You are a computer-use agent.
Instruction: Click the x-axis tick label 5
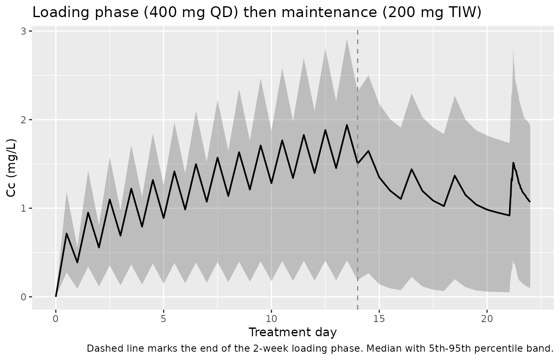point(163,319)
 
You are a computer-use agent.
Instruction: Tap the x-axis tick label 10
point(271,319)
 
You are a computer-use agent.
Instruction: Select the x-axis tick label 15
point(379,319)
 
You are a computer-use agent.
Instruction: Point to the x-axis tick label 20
point(487,319)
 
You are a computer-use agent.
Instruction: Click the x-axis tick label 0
point(56,319)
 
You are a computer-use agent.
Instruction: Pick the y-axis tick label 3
point(23,31)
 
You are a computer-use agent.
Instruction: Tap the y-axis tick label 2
point(23,120)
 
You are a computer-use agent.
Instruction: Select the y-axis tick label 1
point(23,208)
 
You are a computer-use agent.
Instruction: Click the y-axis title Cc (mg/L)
point(11,168)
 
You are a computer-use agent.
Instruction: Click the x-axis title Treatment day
point(293,332)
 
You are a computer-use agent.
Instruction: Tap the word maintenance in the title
point(330,12)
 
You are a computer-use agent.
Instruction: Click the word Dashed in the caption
point(101,348)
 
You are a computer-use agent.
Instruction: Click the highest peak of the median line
point(347,125)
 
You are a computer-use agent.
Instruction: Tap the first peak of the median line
point(67,233)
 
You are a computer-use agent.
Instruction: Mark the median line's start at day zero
point(56,297)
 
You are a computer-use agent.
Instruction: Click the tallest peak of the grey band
point(347,39)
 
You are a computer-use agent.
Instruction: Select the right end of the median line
point(530,202)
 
